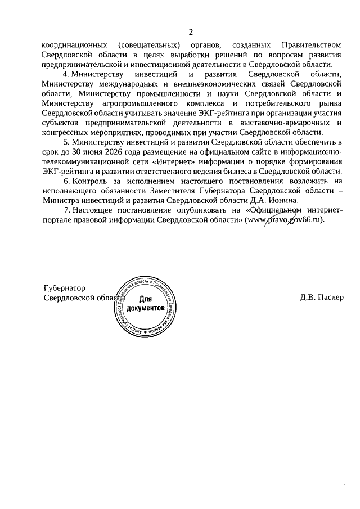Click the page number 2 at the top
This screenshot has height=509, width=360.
tap(190, 31)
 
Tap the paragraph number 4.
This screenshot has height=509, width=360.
tap(65, 74)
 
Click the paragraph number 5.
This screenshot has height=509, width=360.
tap(65, 142)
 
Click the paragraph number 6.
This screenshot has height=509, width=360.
tap(65, 182)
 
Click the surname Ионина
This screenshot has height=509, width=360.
tap(286, 201)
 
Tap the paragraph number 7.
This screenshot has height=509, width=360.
tap(65, 211)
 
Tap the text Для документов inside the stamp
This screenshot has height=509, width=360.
tap(145, 304)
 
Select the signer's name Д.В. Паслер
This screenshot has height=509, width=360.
tap(321, 298)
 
